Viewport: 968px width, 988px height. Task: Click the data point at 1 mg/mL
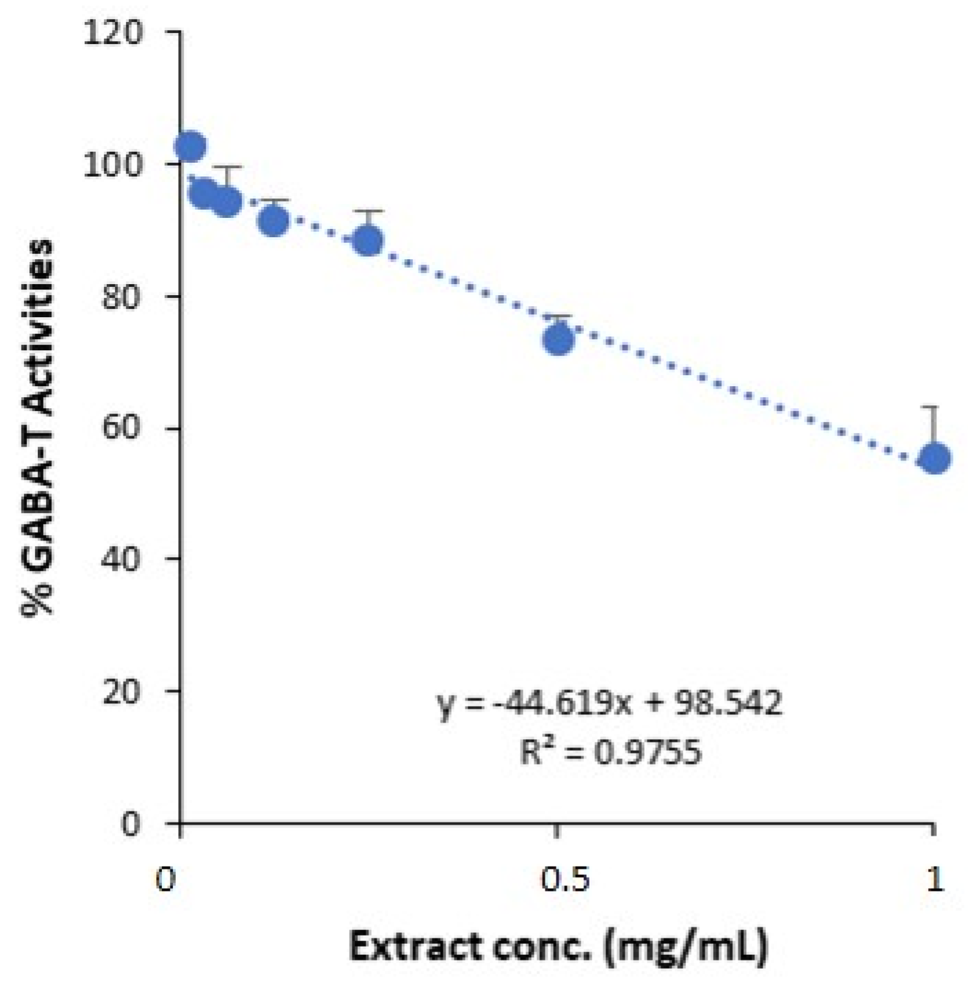pyautogui.click(x=935, y=458)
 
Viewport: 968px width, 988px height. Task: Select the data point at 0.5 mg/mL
pyautogui.click(x=558, y=339)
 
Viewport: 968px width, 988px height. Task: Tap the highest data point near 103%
pyautogui.click(x=190, y=146)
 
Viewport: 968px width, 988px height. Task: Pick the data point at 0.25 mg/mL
pyautogui.click(x=369, y=241)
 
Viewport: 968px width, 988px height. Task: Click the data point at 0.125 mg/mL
pyautogui.click(x=274, y=221)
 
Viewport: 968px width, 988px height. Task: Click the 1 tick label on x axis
pyautogui.click(x=934, y=880)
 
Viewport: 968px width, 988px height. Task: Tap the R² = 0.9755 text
pyautogui.click(x=610, y=752)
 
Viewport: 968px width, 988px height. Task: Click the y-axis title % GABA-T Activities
pyautogui.click(x=38, y=427)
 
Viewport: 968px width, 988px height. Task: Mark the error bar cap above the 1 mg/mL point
pyautogui.click(x=935, y=407)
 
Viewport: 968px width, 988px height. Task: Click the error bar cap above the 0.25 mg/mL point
pyautogui.click(x=369, y=211)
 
